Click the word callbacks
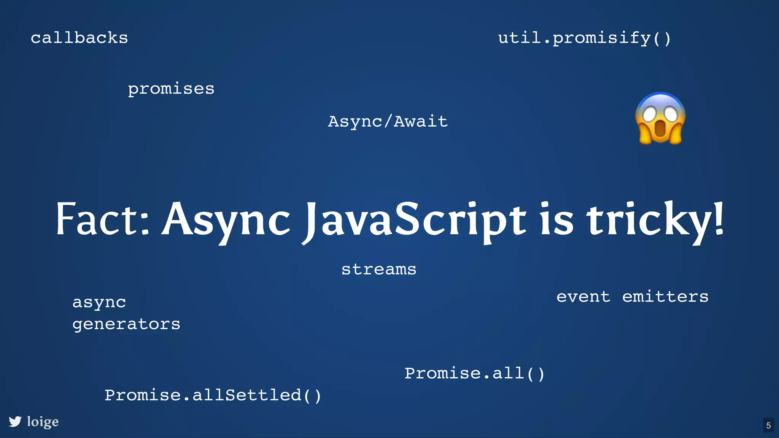point(79,38)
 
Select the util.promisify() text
point(585,38)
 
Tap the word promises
point(171,89)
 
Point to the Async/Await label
point(388,122)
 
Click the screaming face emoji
point(660,119)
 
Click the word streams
point(379,270)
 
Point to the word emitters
point(665,297)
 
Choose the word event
point(583,297)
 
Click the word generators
point(126,324)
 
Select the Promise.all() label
point(475,373)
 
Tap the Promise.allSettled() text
point(213,395)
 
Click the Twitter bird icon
point(15,422)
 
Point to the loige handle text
point(43,422)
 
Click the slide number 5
point(768,425)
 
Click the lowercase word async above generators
point(99,303)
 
